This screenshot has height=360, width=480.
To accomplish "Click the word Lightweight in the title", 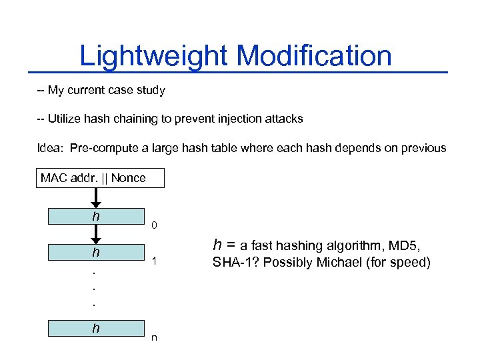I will point(153,55).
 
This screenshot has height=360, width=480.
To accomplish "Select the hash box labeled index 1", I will point(96,253).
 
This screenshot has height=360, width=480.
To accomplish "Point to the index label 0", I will point(154,226).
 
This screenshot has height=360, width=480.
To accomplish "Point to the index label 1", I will point(154,262).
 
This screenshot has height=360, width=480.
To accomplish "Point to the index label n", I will point(154,338).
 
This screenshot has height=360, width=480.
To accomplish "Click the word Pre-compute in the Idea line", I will point(101,148).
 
